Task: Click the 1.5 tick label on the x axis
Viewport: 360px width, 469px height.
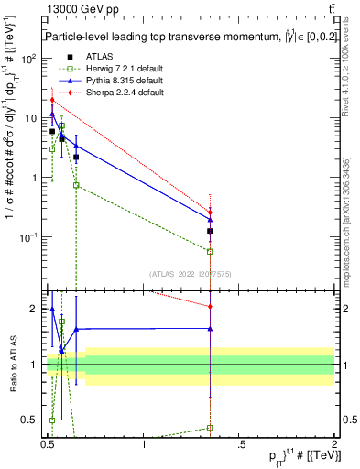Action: [239, 443]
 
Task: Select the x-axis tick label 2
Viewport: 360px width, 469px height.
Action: [334, 443]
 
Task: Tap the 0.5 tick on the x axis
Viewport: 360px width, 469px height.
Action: [49, 443]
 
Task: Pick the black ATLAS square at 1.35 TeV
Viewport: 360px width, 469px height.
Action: [211, 231]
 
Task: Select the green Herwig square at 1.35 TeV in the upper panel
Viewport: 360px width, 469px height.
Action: [211, 251]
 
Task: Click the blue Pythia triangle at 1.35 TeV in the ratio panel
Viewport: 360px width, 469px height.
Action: [211, 328]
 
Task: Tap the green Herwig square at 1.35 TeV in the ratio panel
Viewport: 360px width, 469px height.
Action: [211, 428]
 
